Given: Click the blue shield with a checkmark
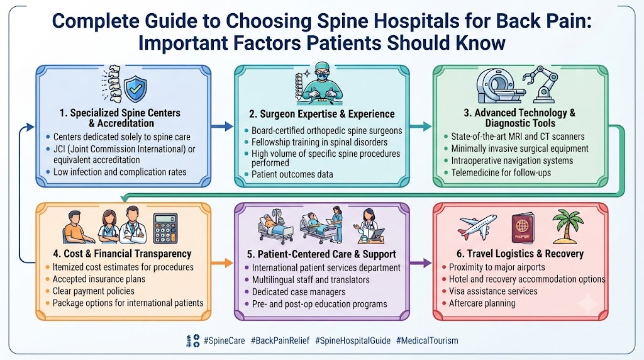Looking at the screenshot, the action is (x=136, y=89).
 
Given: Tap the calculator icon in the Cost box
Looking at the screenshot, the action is (x=165, y=228).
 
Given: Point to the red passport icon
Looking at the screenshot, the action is (x=523, y=228).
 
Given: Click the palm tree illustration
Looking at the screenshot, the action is (x=568, y=227).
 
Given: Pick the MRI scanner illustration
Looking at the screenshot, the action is (x=500, y=86).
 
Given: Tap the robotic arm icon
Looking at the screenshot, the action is (x=542, y=84).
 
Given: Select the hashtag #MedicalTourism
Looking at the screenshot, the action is (x=427, y=340).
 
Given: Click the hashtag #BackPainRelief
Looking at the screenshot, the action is (x=280, y=340).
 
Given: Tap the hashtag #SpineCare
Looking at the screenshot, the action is (x=225, y=340).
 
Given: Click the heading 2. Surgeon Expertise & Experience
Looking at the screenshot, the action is (x=321, y=114).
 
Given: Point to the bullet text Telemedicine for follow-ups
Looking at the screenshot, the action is (x=501, y=172).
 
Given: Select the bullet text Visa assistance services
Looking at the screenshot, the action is (x=493, y=291).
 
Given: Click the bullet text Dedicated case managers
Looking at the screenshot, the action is (x=299, y=292).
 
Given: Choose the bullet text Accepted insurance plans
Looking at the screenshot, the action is (x=99, y=279).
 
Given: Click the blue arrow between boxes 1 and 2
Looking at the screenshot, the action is (x=222, y=126).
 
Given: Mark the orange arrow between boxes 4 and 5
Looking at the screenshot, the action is (x=222, y=262).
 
